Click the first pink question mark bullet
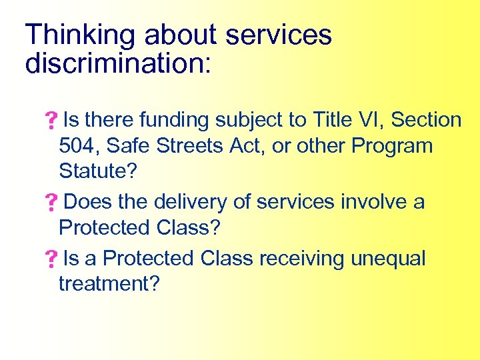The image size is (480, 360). pos(50,121)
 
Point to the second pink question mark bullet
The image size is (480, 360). pos(50,203)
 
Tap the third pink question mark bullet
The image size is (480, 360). pos(50,259)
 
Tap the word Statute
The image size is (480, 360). pos(97,171)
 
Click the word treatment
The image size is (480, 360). pos(109,284)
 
